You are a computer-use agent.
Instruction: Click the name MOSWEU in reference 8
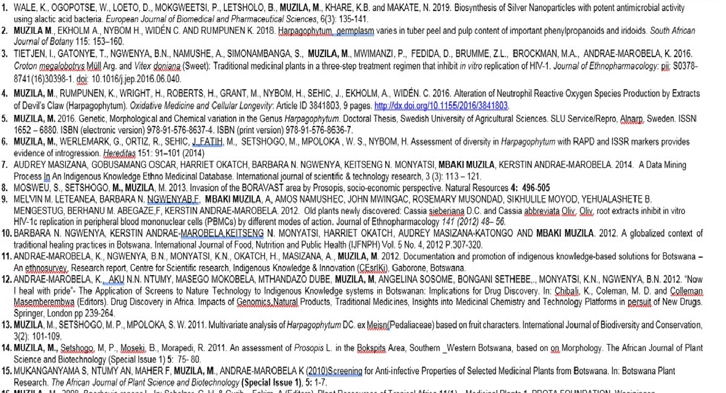[x=31, y=187]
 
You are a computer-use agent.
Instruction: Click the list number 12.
[x=7, y=280]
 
